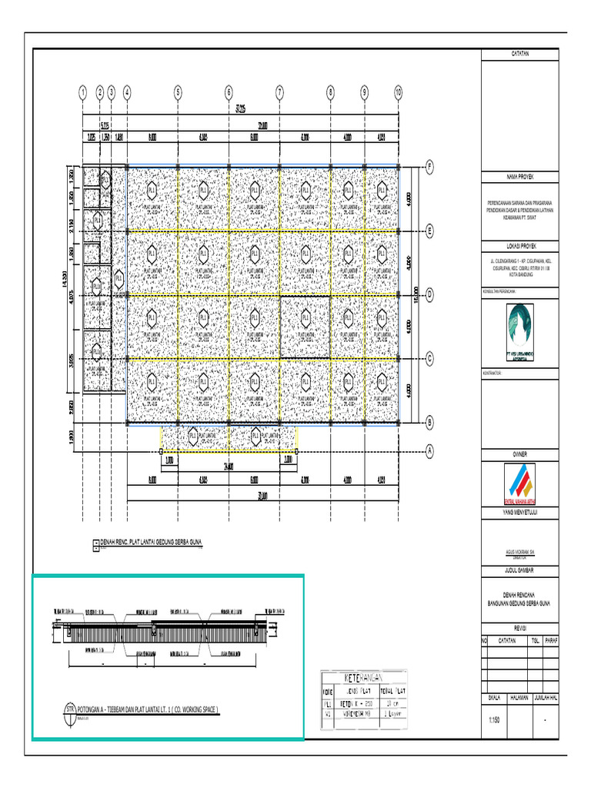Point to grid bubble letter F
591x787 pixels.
(x=430, y=166)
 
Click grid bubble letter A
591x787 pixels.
(x=430, y=450)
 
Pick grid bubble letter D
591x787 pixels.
(x=430, y=294)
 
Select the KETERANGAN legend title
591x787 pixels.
(x=362, y=676)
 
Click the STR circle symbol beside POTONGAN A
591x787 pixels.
(x=70, y=709)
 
